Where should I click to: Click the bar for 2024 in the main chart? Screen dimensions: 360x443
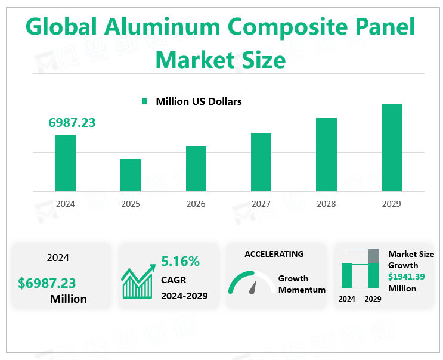tap(66, 163)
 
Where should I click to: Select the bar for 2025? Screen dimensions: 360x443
tap(131, 175)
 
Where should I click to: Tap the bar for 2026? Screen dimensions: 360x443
tap(196, 169)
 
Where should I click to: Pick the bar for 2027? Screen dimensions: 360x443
tap(261, 162)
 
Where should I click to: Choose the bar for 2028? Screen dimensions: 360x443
tap(326, 154)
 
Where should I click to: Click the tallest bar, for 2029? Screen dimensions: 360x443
tap(392, 147)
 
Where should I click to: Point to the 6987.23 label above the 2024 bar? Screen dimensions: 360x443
tap(72, 123)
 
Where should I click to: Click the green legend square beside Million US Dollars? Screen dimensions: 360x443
tap(145, 102)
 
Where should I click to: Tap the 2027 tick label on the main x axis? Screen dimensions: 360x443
tap(261, 204)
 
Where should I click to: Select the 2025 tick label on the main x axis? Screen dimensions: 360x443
tap(131, 204)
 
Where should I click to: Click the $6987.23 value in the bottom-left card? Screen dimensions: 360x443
tap(47, 283)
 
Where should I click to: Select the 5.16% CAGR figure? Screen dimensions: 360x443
tap(180, 261)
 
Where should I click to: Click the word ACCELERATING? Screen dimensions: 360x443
tap(274, 254)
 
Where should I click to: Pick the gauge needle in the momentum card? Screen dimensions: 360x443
tap(253, 287)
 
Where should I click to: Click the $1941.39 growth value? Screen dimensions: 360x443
tap(407, 277)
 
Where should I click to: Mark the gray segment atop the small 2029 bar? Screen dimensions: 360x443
tap(373, 255)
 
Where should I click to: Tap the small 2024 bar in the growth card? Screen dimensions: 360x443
tap(347, 275)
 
